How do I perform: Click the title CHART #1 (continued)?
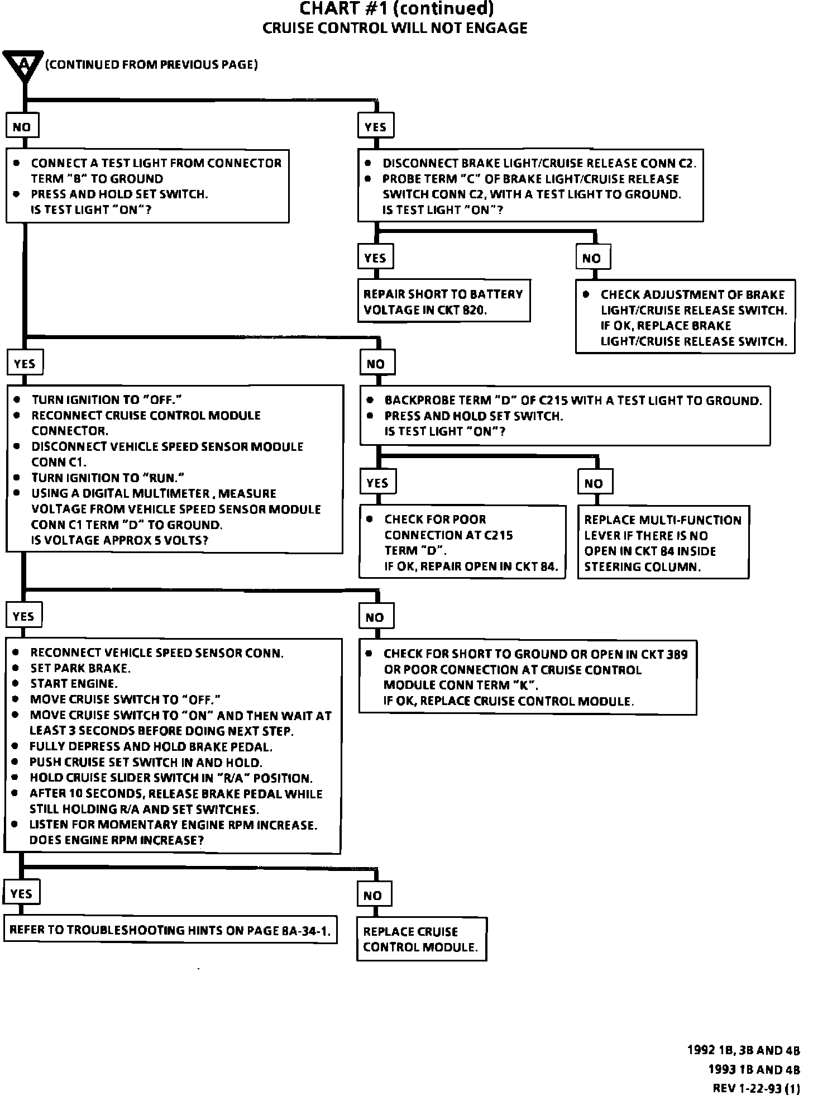pyautogui.click(x=397, y=9)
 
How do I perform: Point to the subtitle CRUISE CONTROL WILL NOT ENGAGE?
pyautogui.click(x=395, y=28)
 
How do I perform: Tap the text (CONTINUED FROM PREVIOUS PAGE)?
pyautogui.click(x=151, y=65)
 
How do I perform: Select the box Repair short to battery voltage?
pyautogui.click(x=443, y=302)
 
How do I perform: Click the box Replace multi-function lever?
pyautogui.click(x=663, y=542)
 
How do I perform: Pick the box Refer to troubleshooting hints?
pyautogui.click(x=170, y=930)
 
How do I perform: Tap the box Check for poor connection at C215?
pyautogui.click(x=462, y=542)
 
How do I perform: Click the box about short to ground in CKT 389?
pyautogui.click(x=527, y=677)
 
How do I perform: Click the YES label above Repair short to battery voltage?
pyautogui.click(x=375, y=258)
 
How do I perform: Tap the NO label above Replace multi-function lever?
pyautogui.click(x=594, y=483)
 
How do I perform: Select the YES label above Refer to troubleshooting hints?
pyautogui.click(x=21, y=894)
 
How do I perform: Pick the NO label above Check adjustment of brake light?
pyautogui.click(x=592, y=258)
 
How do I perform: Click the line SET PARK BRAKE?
pyautogui.click(x=80, y=668)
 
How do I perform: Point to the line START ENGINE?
pyautogui.click(x=74, y=684)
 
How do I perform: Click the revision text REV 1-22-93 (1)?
pyautogui.click(x=756, y=1088)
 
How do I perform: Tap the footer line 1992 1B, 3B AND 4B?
pyautogui.click(x=743, y=1050)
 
